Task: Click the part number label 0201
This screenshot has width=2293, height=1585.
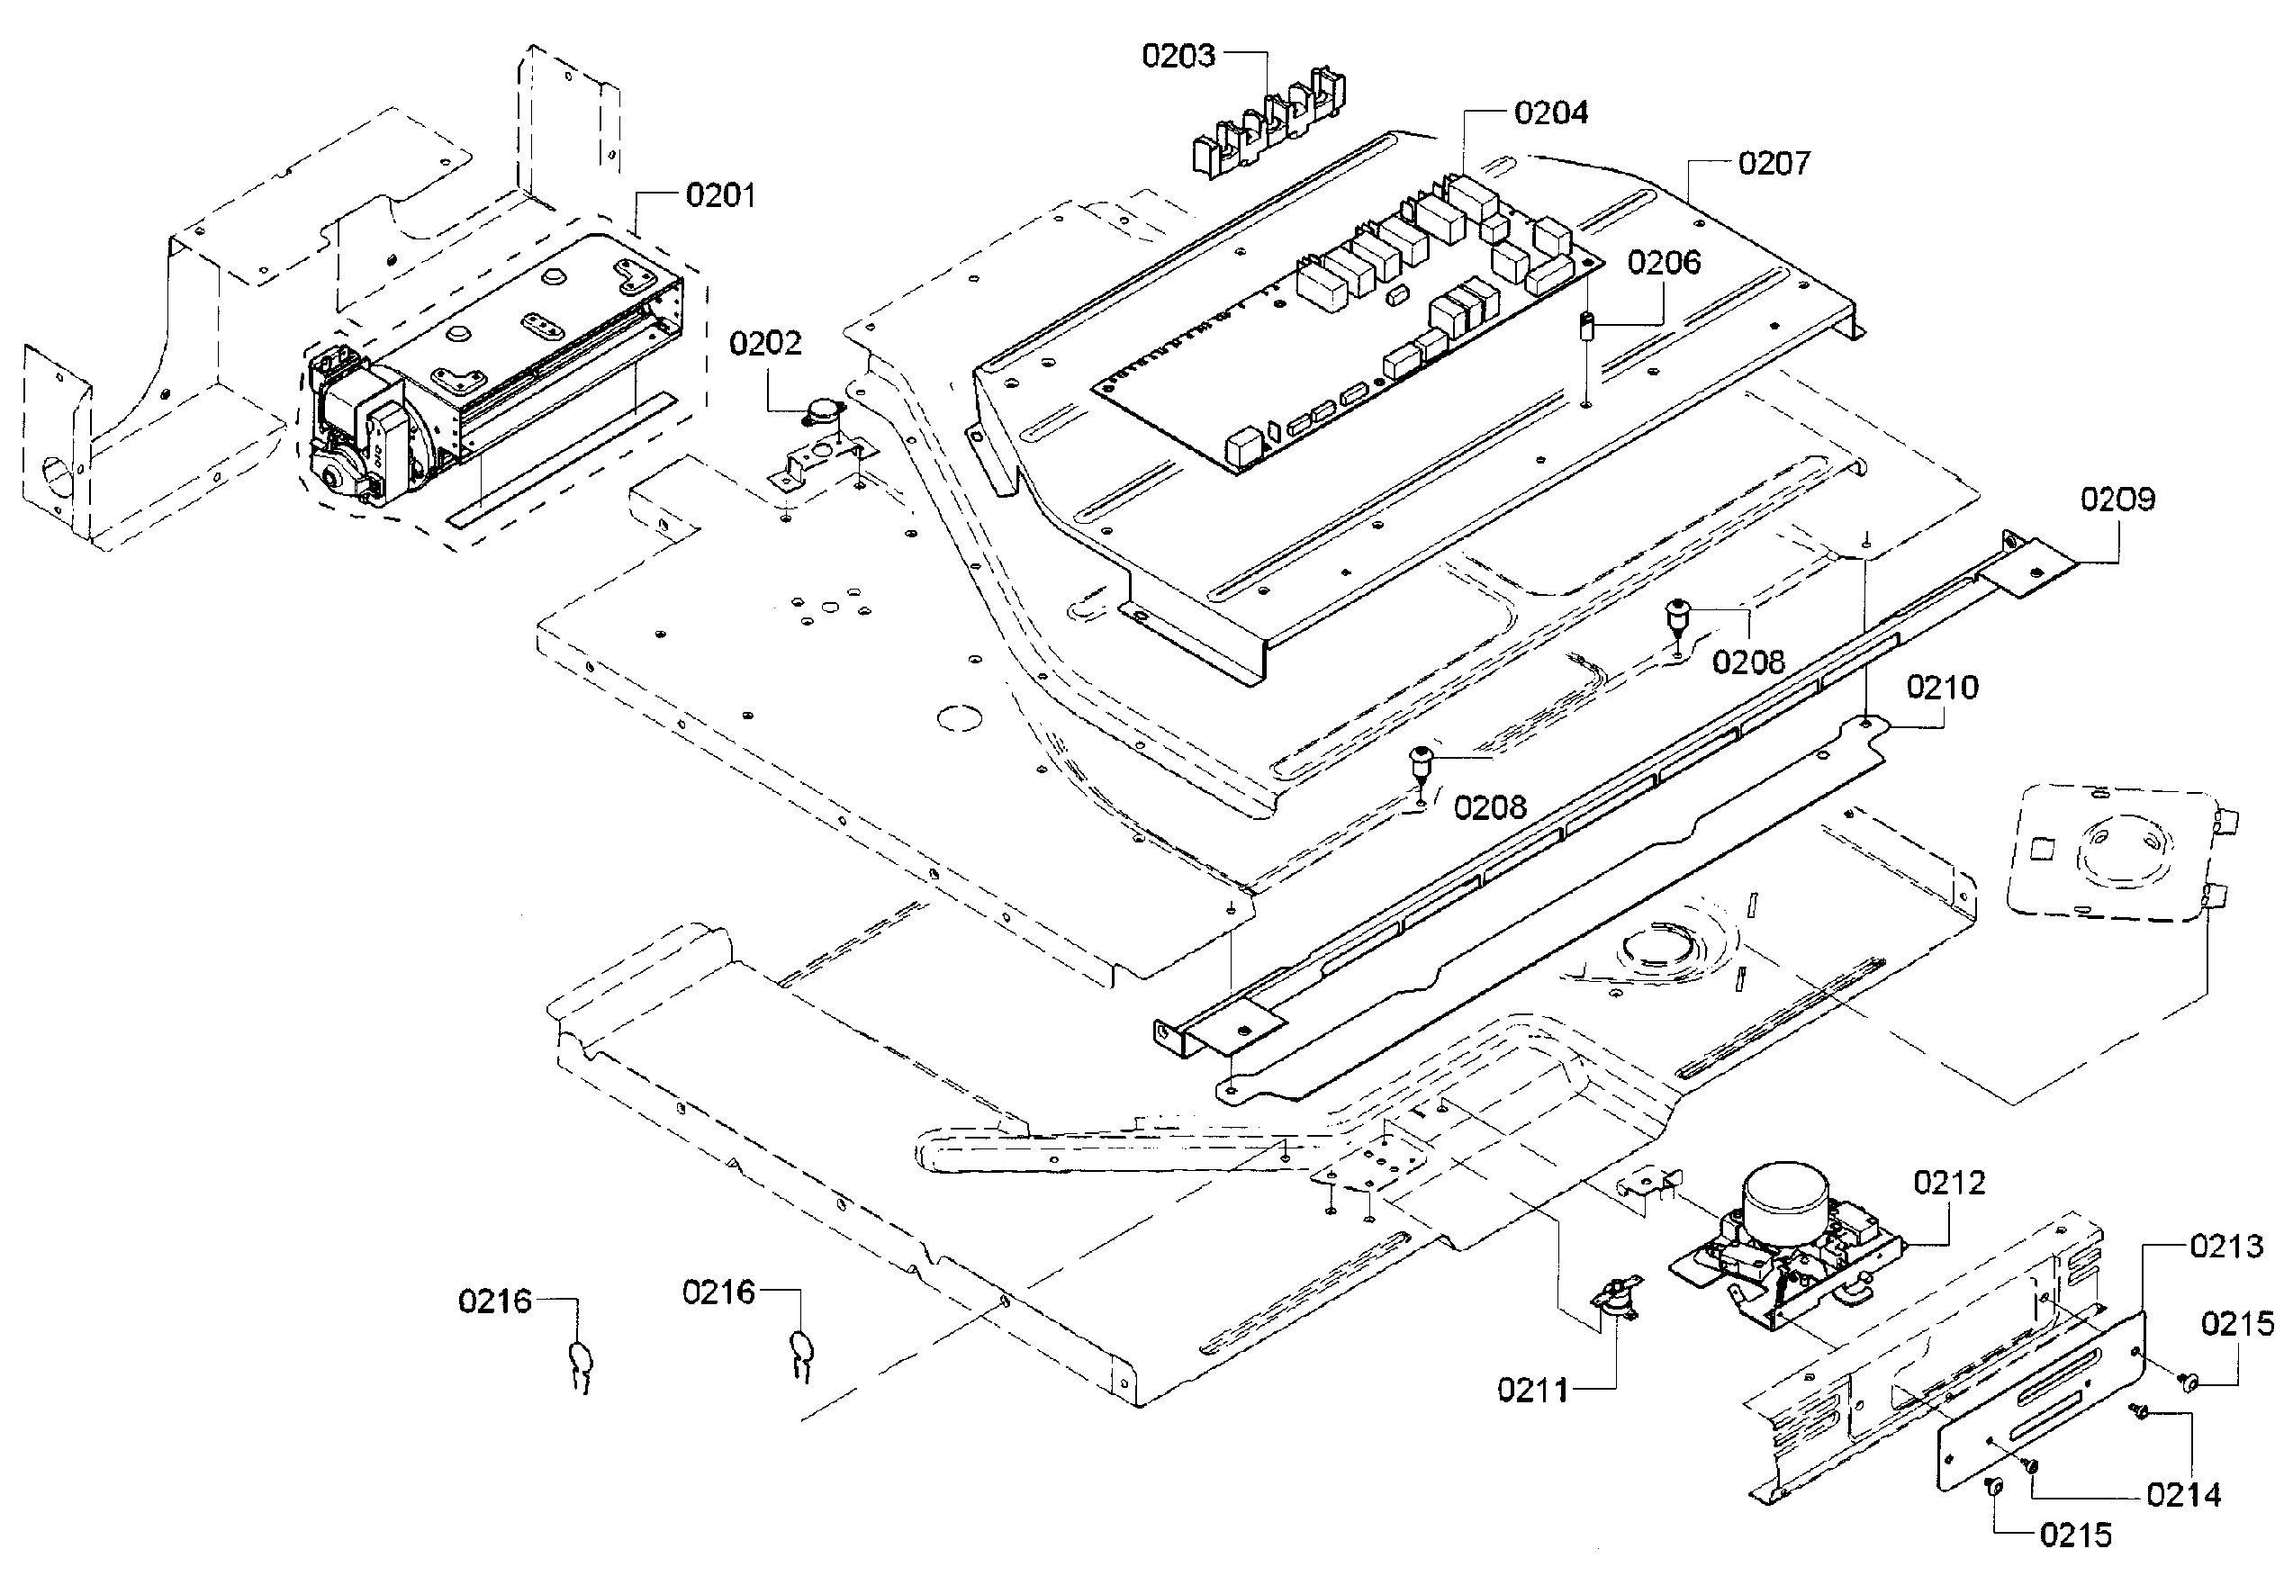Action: click(x=720, y=194)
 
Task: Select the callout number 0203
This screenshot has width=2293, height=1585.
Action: click(x=1178, y=56)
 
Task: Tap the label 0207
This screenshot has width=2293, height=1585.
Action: click(x=1774, y=163)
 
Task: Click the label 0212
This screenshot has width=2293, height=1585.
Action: click(x=1949, y=1182)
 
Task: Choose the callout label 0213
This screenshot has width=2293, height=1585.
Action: click(x=2226, y=1246)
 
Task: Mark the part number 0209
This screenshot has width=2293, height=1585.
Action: click(x=2118, y=499)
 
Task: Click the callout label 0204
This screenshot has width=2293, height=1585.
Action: click(x=1551, y=113)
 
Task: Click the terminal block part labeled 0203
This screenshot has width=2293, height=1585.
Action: click(x=1268, y=123)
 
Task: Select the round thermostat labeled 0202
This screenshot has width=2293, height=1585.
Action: click(x=822, y=411)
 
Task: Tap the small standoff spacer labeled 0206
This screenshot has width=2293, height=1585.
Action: click(x=1586, y=326)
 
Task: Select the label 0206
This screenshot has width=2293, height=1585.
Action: click(x=1665, y=262)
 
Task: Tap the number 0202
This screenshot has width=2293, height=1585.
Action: click(x=764, y=344)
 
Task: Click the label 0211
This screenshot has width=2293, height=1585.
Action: click(x=1533, y=1391)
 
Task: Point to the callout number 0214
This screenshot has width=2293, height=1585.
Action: click(x=2184, y=1495)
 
